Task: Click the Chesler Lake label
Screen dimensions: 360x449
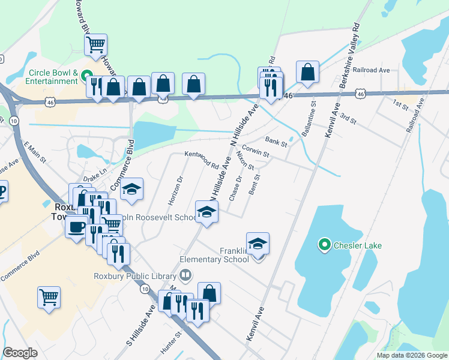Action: point(358,245)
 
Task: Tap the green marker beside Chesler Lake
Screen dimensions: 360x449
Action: point(325,245)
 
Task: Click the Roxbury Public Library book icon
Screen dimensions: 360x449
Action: point(186,275)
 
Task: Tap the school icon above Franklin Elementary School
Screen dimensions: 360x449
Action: point(258,243)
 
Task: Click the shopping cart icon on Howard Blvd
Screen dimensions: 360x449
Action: point(96,44)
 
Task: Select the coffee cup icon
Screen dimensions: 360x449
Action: point(76,227)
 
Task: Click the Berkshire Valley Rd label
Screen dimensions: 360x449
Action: point(348,56)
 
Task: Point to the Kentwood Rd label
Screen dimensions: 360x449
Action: point(202,159)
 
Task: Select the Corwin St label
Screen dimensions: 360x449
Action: point(255,151)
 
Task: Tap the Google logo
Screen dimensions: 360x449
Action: point(20,353)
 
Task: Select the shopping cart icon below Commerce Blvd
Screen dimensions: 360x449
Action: point(49,297)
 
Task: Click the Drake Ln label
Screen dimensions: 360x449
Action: point(95,175)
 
